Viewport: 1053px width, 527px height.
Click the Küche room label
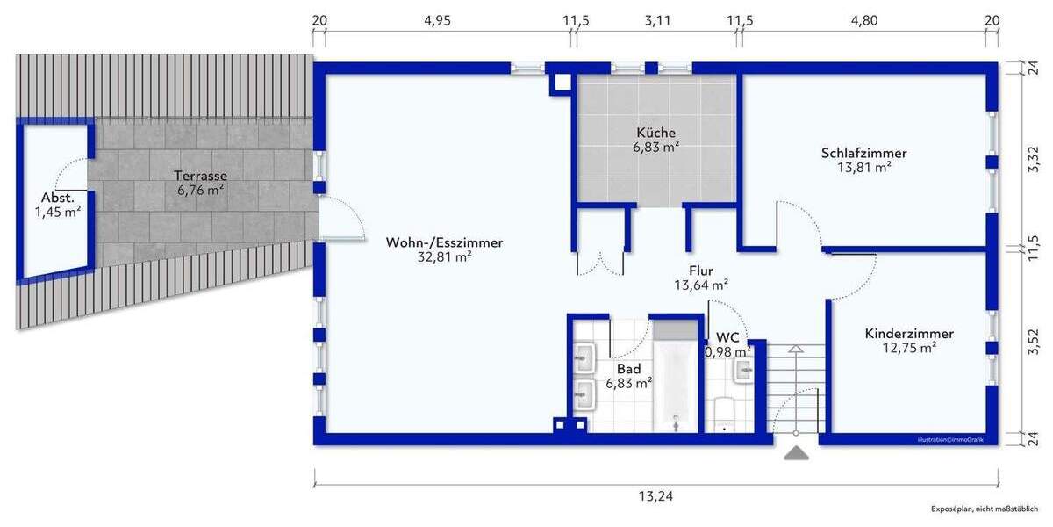656,133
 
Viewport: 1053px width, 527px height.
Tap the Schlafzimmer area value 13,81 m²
863,167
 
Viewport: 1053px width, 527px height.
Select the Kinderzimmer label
909,334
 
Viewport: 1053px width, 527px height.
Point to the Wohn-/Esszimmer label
444,243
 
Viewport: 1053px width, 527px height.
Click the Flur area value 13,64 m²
700,285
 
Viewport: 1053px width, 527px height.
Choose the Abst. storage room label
58,197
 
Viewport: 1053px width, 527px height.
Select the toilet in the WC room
725,415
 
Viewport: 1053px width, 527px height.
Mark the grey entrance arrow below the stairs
796,453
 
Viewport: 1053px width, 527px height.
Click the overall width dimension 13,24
656,496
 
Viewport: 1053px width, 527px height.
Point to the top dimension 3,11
656,21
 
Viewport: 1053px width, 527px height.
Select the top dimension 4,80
863,21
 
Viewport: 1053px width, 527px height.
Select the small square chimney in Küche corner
561,83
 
